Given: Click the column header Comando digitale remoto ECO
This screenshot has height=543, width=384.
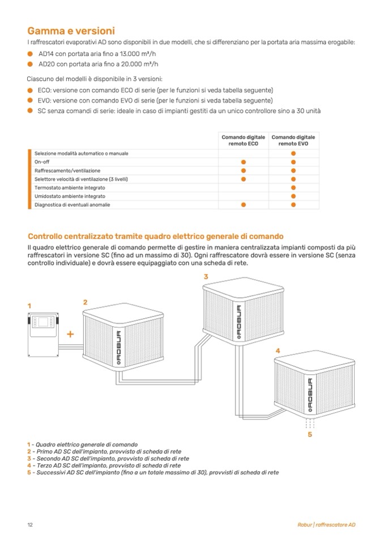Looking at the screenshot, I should pos(243,140).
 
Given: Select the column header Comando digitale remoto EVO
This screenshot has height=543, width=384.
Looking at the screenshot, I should pos(293,140).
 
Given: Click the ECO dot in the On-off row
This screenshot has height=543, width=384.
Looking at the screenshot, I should pos(243,161).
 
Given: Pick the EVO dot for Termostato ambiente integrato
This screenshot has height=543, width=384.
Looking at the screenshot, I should pos(293,187).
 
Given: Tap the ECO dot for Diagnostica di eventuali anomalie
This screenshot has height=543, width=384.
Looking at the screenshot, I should pos(243,204).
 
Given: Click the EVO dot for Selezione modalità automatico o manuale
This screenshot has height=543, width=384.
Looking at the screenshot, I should pos(293,153).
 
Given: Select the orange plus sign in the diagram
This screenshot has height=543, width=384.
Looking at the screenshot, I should pos(70,334).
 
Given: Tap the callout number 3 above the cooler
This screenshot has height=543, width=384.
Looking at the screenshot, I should pos(206,276).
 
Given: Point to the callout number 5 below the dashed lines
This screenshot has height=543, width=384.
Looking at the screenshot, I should pos(309,435).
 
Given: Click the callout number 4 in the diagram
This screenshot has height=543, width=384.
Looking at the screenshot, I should pos(278,351).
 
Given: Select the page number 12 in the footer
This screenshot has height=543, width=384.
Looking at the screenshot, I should pos(30,525).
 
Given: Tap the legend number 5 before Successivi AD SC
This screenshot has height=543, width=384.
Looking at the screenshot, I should pos(28,472).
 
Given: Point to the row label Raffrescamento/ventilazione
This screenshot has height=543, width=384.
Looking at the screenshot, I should pos(67,170).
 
